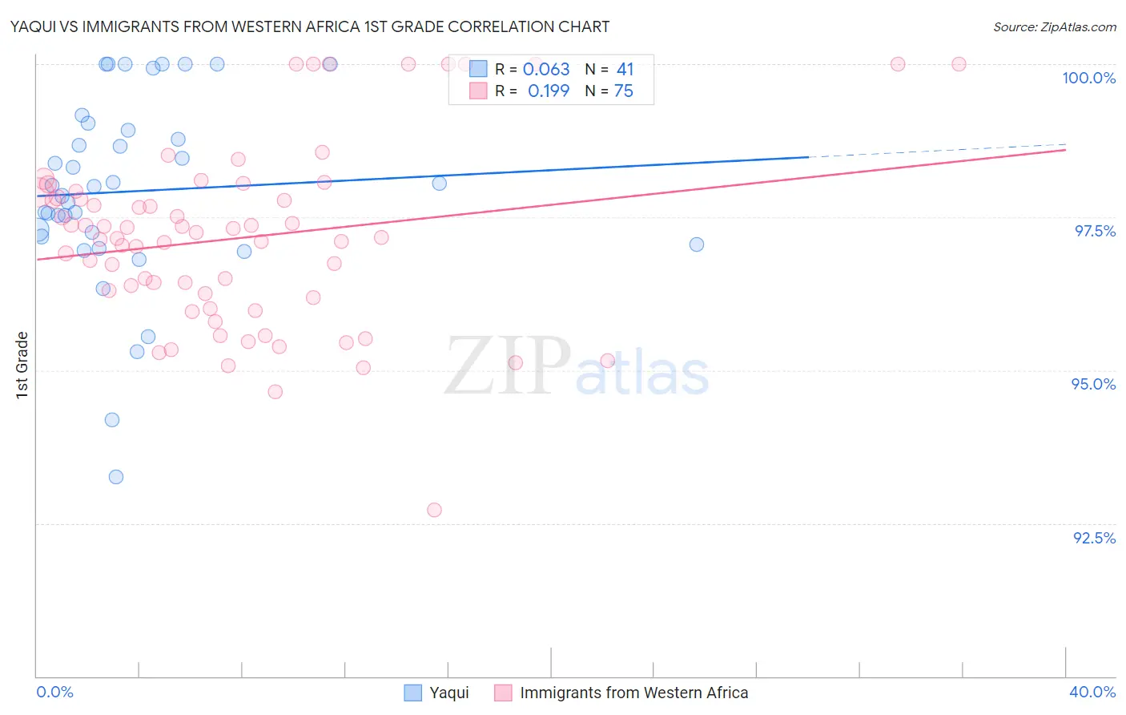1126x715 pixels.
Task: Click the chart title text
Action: pyautogui.click(x=309, y=27)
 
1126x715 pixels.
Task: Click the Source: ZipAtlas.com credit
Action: pyautogui.click(x=1054, y=27)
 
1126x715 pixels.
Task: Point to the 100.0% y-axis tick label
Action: pyautogui.click(x=1088, y=78)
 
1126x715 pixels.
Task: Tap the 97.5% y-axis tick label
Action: pyautogui.click(x=1095, y=231)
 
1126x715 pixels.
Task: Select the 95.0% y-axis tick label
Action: pyautogui.click(x=1093, y=384)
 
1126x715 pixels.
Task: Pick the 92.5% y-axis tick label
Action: pyautogui.click(x=1094, y=538)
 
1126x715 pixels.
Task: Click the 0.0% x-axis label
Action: pyautogui.click(x=55, y=692)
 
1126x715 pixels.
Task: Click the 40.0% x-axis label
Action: pyautogui.click(x=1092, y=692)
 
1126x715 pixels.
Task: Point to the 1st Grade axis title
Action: pyautogui.click(x=22, y=365)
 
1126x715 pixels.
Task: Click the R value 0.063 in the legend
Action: pyautogui.click(x=546, y=70)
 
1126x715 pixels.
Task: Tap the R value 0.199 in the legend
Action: pyautogui.click(x=549, y=91)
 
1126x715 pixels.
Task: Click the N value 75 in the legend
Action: pyautogui.click(x=624, y=91)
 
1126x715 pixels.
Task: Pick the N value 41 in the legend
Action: pyautogui.click(x=625, y=70)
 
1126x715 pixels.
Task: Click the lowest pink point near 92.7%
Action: pyautogui.click(x=434, y=510)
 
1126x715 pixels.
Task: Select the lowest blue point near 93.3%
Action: pyautogui.click(x=116, y=477)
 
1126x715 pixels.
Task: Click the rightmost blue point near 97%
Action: pyautogui.click(x=697, y=244)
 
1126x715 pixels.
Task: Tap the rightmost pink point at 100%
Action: pyautogui.click(x=959, y=64)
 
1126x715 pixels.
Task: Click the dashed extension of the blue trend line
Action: pyautogui.click(x=937, y=151)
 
